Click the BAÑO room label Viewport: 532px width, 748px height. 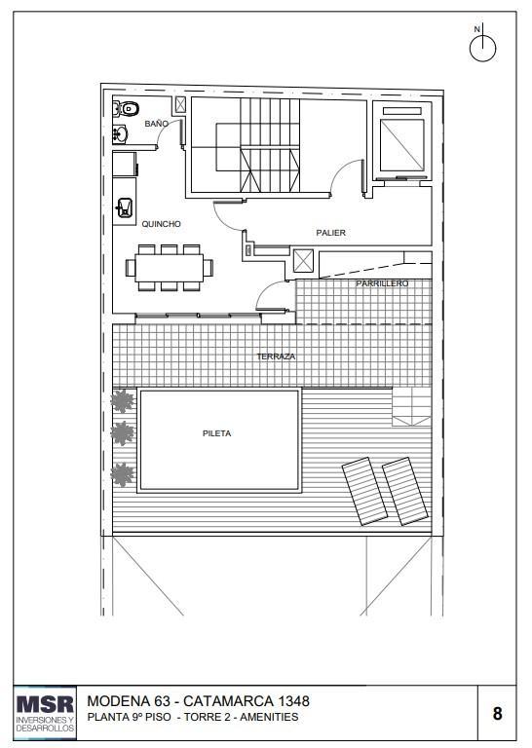(x=157, y=124)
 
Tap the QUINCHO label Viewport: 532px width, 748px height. (x=162, y=224)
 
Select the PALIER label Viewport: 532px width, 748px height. (x=330, y=233)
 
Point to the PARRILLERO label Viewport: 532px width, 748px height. (x=382, y=283)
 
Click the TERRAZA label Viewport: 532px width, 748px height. (x=276, y=356)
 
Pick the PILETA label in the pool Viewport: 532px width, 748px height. (x=216, y=433)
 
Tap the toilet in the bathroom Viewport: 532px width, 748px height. (x=127, y=108)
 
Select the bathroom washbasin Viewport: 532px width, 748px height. (x=120, y=134)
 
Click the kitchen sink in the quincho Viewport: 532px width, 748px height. (x=125, y=207)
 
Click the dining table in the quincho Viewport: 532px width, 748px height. (x=170, y=268)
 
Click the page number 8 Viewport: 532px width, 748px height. (x=497, y=714)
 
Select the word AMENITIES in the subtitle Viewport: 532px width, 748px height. (x=269, y=717)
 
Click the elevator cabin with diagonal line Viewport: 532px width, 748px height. (x=401, y=145)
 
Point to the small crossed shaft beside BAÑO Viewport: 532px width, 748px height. (x=180, y=104)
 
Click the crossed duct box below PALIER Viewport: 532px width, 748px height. (x=303, y=260)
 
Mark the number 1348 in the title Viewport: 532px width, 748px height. (x=294, y=701)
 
